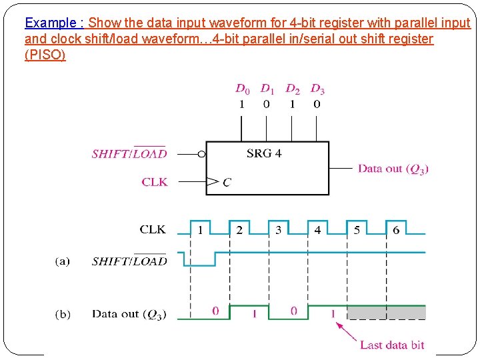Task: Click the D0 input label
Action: (242, 89)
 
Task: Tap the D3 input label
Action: (317, 89)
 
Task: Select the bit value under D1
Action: (267, 104)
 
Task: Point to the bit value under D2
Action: (292, 104)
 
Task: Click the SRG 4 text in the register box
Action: (264, 153)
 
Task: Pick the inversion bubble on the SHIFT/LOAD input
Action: (202, 153)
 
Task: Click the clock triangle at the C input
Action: (213, 181)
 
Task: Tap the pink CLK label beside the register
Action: (155, 181)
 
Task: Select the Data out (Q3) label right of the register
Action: (393, 169)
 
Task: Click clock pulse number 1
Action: (200, 230)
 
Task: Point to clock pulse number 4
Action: (317, 230)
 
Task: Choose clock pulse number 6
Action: (396, 230)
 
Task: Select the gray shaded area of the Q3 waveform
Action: (387, 312)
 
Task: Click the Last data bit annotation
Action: (392, 345)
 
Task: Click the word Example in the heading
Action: (50, 23)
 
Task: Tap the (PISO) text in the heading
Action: (45, 55)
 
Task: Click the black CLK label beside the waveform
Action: (153, 229)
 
